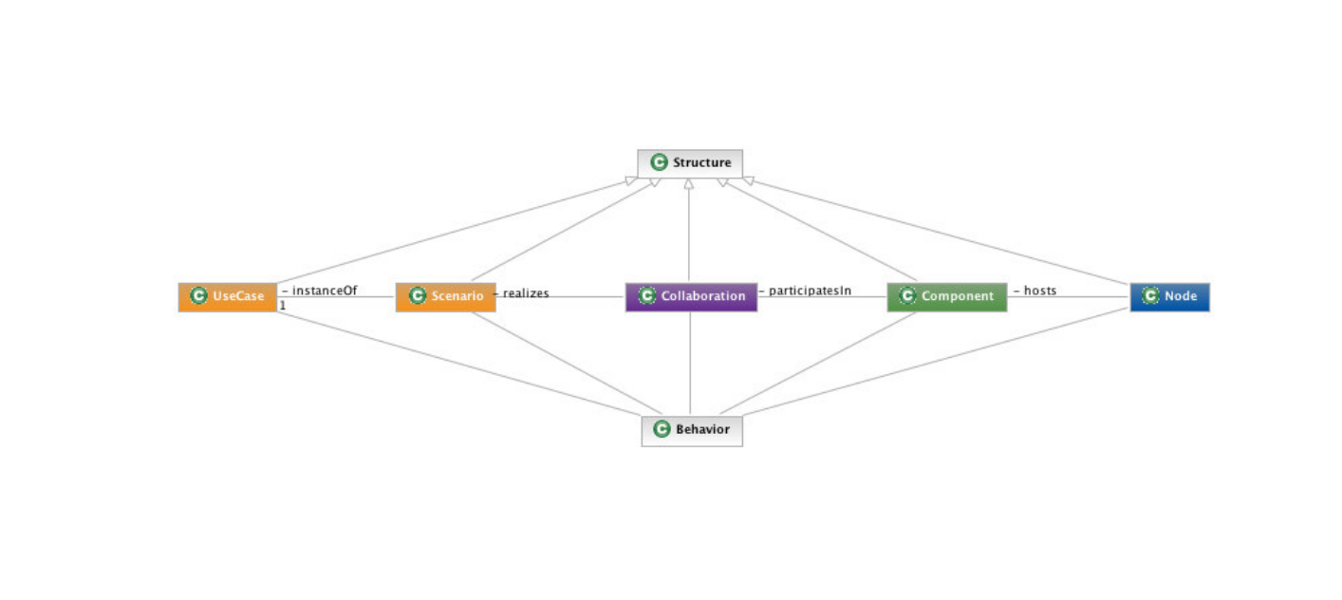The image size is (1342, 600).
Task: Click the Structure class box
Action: (690, 163)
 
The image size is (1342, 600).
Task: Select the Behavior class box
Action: (692, 431)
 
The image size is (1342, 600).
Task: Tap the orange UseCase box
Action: (228, 297)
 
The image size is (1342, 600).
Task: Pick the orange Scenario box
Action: (446, 297)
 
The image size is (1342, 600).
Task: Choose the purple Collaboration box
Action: (691, 297)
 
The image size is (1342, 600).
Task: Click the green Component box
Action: (947, 297)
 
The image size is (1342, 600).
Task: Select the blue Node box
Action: (1170, 297)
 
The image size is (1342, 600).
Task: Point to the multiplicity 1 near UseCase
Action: (283, 306)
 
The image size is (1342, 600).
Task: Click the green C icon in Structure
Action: (659, 162)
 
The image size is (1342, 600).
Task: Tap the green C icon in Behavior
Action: (662, 429)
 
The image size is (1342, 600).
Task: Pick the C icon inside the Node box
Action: (1150, 295)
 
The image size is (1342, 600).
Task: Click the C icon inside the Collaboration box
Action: (647, 295)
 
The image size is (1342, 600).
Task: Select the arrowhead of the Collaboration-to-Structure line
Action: (689, 184)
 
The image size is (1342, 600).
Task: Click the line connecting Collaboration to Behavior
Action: (690, 364)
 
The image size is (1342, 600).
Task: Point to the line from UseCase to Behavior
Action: (459, 364)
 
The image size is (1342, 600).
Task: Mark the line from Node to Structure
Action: (937, 231)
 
